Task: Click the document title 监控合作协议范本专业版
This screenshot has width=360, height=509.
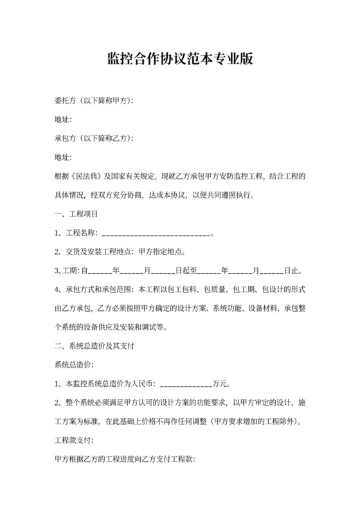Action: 180,60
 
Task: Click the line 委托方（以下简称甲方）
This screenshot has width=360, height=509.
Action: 94,102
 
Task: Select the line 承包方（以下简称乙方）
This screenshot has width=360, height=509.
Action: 94,138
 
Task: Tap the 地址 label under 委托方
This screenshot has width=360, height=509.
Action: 64,120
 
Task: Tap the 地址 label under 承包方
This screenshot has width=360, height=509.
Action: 64,157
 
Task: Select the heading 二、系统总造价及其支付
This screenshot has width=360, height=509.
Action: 95,346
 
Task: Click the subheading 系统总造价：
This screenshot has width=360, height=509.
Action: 75,365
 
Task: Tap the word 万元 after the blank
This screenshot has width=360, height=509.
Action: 221,384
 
